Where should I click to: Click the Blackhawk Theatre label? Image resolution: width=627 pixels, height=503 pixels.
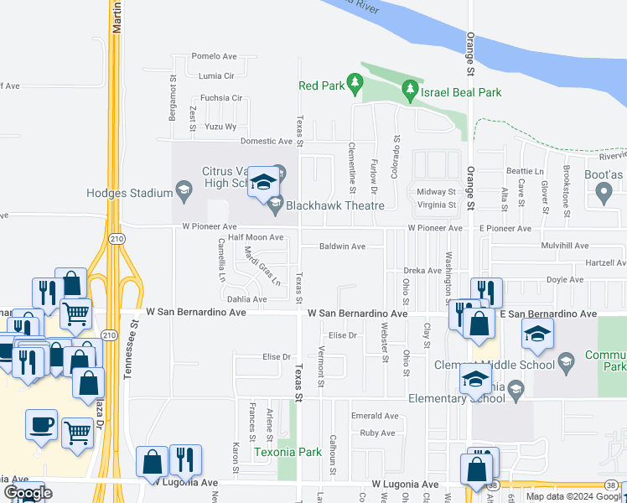click(x=335, y=205)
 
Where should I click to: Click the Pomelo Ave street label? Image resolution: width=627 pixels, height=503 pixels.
click(x=214, y=57)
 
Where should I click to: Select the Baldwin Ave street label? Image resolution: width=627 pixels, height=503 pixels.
click(x=342, y=246)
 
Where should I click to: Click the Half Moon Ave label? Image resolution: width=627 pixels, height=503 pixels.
click(x=256, y=237)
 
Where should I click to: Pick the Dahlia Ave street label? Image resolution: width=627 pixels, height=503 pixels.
click(x=246, y=299)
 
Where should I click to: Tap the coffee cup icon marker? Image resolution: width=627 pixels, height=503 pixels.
click(x=41, y=424)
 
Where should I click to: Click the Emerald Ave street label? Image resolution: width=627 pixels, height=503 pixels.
click(x=375, y=416)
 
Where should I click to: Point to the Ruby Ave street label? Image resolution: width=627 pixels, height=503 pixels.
click(x=377, y=433)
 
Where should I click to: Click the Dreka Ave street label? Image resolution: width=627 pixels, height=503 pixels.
click(x=422, y=271)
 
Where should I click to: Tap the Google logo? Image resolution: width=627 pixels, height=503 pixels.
click(x=27, y=493)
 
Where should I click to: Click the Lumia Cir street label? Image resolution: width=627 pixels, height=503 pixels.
click(x=216, y=75)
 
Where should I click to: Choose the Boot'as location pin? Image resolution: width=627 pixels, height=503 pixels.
click(x=603, y=194)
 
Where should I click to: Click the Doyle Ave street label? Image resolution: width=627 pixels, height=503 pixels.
click(x=564, y=280)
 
